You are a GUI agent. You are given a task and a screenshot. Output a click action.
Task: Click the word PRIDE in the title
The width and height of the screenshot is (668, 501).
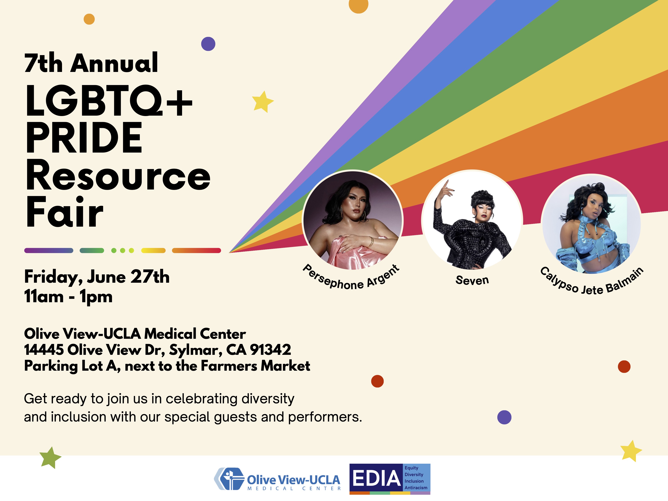click(84, 138)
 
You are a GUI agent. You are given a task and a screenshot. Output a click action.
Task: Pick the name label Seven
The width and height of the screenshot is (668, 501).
click(472, 280)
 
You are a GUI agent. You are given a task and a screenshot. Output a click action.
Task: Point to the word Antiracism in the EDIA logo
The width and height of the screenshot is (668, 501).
click(416, 488)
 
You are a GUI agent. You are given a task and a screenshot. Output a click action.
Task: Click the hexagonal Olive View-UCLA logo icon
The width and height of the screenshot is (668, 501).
click(229, 479)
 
